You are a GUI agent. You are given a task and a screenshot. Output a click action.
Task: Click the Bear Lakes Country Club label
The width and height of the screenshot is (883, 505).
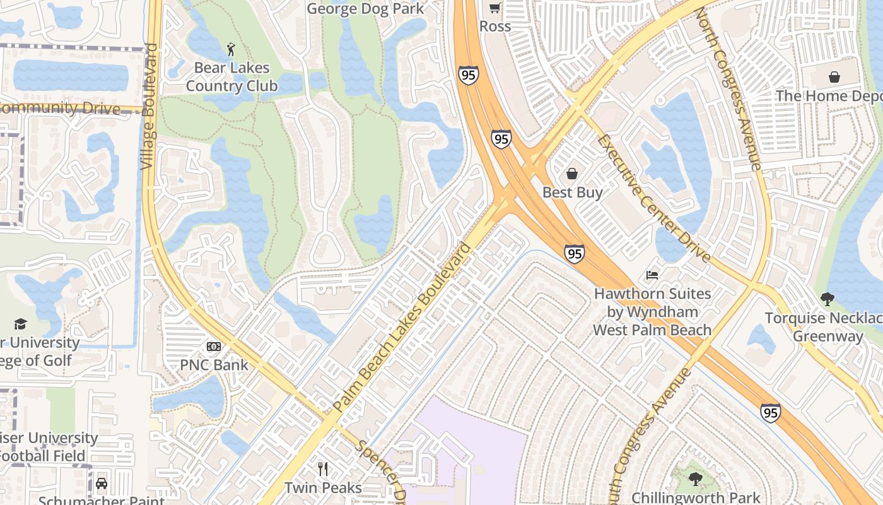[231, 76]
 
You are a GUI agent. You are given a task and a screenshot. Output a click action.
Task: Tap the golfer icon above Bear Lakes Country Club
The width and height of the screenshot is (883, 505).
[231, 49]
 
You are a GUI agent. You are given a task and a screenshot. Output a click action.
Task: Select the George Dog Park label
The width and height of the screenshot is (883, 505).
[365, 9]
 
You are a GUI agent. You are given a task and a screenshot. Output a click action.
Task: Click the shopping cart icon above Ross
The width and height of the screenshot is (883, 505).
[495, 8]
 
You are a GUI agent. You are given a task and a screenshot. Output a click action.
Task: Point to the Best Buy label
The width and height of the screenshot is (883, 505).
[573, 193]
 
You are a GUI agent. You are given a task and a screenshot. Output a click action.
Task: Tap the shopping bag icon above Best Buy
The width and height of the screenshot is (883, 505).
[572, 174]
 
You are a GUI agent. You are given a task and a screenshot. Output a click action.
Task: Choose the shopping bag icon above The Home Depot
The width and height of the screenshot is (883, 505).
[834, 77]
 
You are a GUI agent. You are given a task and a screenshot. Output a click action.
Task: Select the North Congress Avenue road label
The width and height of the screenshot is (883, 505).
[729, 89]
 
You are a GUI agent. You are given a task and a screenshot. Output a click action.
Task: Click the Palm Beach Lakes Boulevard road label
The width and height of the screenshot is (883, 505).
[402, 328]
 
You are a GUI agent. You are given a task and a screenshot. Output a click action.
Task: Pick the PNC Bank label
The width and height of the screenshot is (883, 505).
[214, 365]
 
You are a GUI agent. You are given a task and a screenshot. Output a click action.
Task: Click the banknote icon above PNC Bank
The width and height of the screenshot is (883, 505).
[214, 347]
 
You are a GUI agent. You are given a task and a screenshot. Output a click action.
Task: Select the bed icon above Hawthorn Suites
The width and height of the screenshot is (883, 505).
[652, 275]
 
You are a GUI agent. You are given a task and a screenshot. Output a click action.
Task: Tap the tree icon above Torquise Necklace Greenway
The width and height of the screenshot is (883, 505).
[827, 299]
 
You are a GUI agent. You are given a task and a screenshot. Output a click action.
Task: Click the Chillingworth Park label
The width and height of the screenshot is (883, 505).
[696, 497]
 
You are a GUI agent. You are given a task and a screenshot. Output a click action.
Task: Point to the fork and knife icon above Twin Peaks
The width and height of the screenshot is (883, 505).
[323, 468]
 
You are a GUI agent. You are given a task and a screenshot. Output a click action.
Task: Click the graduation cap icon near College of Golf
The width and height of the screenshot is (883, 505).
[21, 324]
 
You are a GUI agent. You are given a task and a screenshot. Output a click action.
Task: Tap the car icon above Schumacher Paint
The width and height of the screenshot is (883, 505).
[101, 484]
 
